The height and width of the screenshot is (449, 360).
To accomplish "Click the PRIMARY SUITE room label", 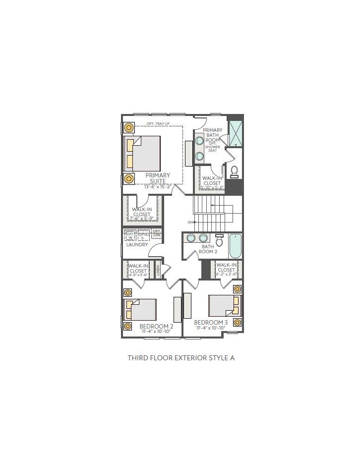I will (158, 178).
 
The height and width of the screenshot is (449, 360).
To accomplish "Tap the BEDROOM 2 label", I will (156, 327).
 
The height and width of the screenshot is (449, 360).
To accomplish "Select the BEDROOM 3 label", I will (211, 323).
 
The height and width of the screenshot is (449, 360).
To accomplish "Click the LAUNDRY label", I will (137, 245).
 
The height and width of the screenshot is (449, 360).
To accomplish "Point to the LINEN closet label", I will (158, 270).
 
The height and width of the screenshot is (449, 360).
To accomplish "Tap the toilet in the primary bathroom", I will (235, 171).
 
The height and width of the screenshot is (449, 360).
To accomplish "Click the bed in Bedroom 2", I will (142, 309).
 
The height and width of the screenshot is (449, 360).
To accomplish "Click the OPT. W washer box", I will (130, 234).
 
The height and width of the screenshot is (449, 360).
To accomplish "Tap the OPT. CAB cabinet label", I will (156, 232).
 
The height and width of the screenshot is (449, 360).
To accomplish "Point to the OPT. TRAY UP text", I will (158, 123).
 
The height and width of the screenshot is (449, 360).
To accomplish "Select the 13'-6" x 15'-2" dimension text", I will (157, 187).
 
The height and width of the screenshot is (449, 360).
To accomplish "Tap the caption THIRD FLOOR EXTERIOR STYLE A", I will (180, 357).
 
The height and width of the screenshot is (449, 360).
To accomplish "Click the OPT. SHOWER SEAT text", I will (212, 147).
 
